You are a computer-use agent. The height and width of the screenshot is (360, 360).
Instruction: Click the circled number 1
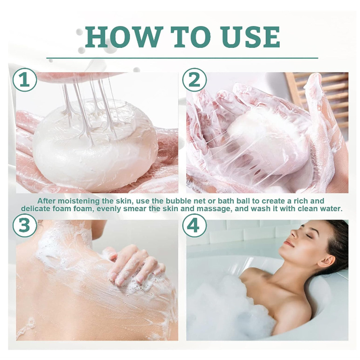[24, 80]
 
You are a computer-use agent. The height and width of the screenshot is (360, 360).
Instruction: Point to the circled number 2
[194, 80]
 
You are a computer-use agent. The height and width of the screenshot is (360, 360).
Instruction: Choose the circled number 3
[24, 225]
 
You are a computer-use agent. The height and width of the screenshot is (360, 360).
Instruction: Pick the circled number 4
[194, 225]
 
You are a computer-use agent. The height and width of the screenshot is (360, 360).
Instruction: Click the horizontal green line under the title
[182, 58]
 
